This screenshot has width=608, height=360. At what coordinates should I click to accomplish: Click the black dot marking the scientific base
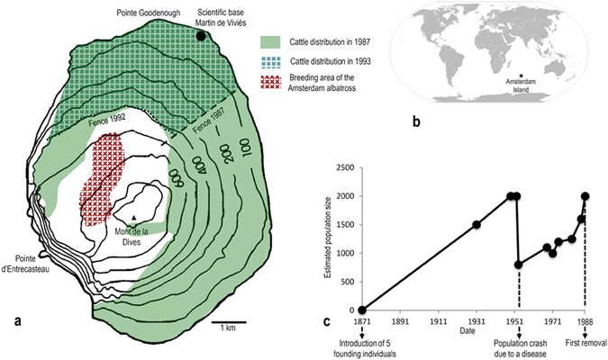(203, 37)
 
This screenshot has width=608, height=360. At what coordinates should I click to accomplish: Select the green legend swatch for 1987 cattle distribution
(272, 41)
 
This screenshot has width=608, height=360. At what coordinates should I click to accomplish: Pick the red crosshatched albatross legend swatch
(272, 85)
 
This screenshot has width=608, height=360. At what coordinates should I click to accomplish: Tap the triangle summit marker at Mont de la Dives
(133, 219)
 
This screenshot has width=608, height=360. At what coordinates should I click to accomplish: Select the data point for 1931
(476, 225)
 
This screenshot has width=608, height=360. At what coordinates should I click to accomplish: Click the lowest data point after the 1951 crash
(519, 265)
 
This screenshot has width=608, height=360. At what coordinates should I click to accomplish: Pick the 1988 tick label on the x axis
(585, 320)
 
